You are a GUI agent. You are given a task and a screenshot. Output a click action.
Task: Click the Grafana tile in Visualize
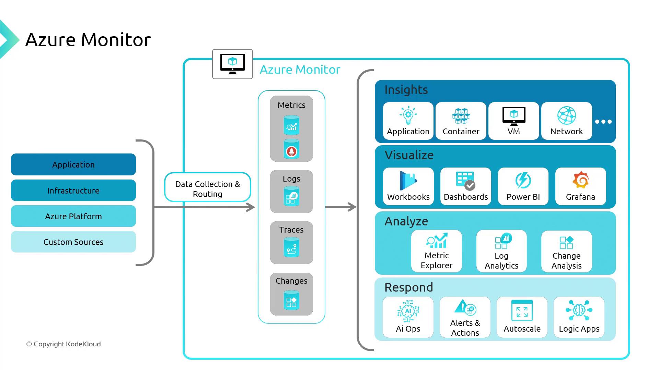point(580,186)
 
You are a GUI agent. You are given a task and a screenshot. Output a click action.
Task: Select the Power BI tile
point(523,186)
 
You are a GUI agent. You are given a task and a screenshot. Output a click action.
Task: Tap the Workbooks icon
point(408,181)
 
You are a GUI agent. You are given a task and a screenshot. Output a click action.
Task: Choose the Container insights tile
point(461,121)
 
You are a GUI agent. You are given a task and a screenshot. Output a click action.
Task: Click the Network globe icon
point(566,115)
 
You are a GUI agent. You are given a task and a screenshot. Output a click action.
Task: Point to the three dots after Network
point(603,122)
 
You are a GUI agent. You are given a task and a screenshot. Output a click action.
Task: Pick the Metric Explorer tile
point(437,251)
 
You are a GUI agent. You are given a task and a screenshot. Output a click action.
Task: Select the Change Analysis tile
point(566,251)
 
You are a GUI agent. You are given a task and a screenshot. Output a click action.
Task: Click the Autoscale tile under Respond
point(522,317)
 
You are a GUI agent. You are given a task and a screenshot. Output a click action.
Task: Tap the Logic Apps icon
point(579,310)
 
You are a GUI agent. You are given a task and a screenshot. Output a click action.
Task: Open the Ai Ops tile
point(408,317)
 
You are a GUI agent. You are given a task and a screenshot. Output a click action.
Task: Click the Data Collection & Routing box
point(208,187)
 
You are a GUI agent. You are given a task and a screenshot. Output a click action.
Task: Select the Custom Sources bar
point(73,242)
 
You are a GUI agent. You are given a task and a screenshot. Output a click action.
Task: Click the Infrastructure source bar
point(73,190)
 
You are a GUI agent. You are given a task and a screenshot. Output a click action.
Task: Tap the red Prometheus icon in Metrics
point(291,151)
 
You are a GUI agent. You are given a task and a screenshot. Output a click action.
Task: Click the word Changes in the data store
point(291,281)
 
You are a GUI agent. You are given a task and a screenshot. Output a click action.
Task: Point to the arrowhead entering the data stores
point(251,207)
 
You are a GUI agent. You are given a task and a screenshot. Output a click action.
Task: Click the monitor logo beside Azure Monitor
point(232,64)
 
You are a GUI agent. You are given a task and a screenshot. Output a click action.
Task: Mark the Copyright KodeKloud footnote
point(63,344)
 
